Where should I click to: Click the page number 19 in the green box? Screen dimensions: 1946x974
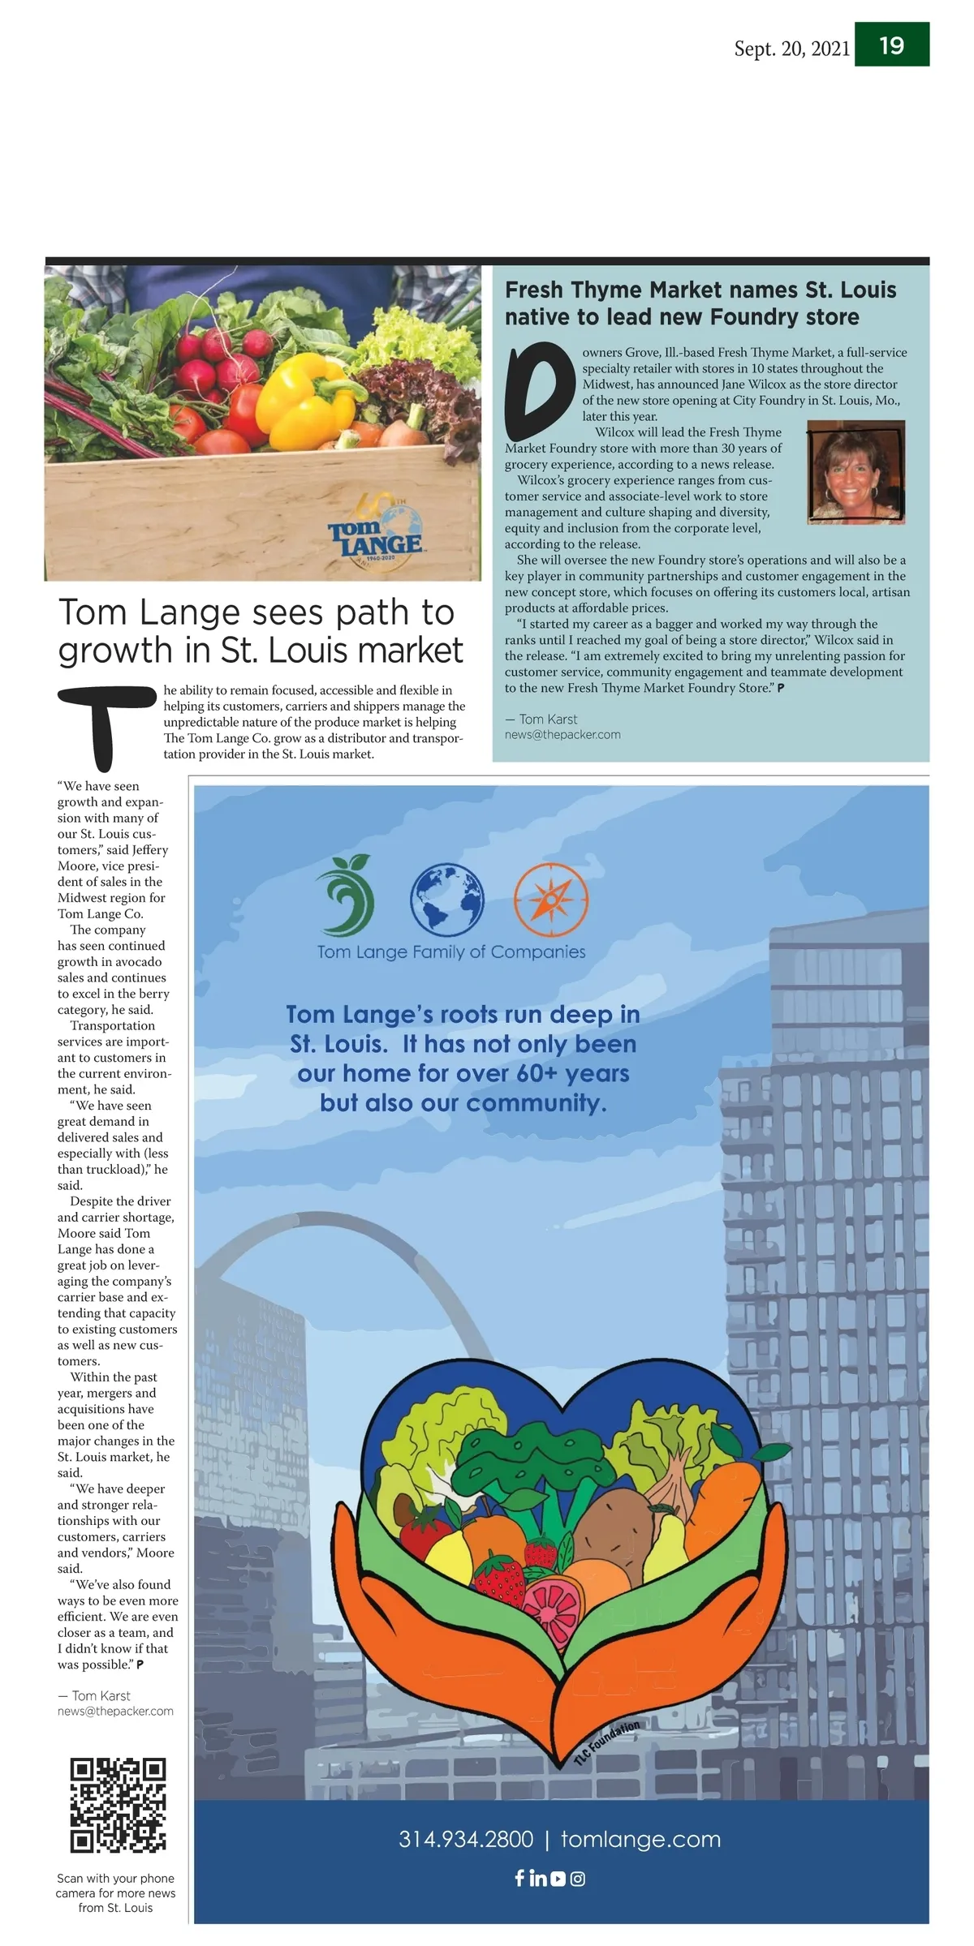point(891,45)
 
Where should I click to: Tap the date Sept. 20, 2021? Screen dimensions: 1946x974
point(791,49)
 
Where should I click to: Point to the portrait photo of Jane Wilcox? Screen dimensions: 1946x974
point(855,471)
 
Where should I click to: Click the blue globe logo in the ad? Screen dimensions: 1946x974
point(446,899)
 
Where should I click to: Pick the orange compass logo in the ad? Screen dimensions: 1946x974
point(550,899)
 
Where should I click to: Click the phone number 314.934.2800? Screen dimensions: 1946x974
point(466,1840)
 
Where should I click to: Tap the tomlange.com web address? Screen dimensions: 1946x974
point(640,1840)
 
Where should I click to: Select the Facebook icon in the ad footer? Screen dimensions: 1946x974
point(519,1878)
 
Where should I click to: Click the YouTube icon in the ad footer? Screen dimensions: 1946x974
point(558,1879)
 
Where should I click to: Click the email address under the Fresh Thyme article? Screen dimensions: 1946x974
point(562,735)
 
